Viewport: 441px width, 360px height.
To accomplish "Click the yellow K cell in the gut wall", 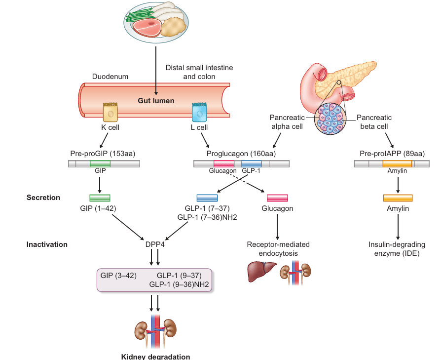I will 110,112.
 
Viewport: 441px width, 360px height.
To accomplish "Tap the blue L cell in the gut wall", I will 199,112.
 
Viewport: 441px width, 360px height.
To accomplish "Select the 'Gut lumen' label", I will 156,101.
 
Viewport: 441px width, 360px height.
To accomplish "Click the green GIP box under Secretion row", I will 100,198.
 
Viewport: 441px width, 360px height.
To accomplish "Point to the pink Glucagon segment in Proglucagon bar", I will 223,163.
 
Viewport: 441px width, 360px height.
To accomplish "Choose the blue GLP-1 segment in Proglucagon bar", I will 251,163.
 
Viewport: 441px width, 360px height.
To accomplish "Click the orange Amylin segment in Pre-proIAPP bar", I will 397,163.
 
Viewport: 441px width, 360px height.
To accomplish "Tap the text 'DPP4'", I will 154,244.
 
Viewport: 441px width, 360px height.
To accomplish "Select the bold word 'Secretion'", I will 43,198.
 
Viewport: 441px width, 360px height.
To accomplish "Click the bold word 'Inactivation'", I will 47,244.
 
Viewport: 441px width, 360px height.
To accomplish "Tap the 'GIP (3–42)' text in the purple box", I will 118,275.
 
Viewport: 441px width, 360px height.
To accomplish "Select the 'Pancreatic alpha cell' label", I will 286,122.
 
